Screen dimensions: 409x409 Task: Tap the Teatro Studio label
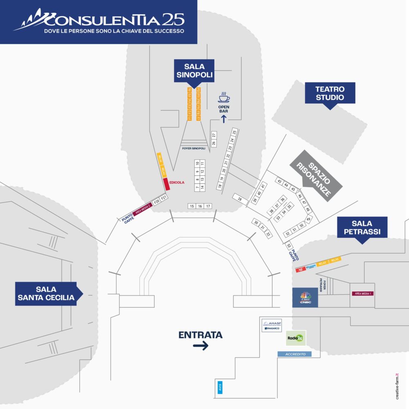point(330,93)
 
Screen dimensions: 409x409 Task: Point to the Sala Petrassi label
point(361,228)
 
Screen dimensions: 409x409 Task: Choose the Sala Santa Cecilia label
point(46,293)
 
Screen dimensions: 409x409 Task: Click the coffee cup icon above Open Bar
point(224,98)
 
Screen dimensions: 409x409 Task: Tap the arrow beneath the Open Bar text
point(223,119)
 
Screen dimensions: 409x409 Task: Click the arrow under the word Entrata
point(200,346)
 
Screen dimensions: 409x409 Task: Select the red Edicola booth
point(166,184)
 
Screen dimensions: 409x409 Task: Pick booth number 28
point(240,199)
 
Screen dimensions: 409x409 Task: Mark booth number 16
point(200,206)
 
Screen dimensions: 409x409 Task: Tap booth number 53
point(289,246)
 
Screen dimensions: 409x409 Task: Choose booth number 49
point(309,218)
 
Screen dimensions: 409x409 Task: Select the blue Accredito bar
point(294,354)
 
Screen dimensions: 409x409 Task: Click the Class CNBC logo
point(305,297)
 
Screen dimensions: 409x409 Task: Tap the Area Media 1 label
point(362,293)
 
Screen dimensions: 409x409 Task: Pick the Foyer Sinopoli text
point(193,148)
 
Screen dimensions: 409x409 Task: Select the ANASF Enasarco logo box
point(272,326)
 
